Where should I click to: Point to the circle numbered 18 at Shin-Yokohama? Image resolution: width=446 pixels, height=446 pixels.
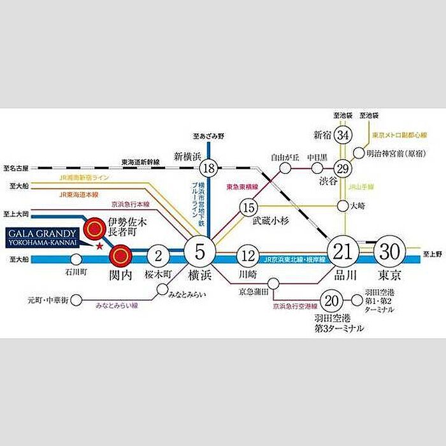point(208,168)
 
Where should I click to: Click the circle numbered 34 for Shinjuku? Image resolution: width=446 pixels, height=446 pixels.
point(343,135)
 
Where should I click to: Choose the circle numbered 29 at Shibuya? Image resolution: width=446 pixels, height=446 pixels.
point(343,168)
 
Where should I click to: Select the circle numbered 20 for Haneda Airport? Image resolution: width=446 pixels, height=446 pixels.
point(330,300)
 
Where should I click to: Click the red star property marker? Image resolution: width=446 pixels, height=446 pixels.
point(99,246)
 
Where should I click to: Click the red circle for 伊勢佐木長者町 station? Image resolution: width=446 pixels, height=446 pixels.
point(96,226)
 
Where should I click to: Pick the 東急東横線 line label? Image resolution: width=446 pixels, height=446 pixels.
point(243,187)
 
